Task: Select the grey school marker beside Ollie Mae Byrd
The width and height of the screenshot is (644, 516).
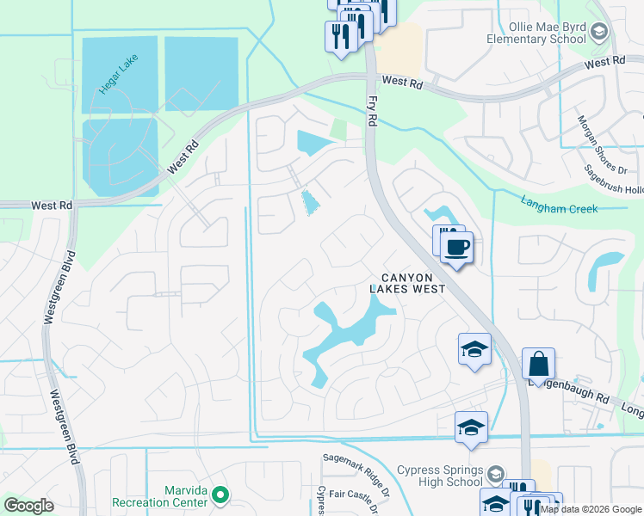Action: click(x=599, y=33)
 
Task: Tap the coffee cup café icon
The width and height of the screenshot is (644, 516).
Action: click(x=456, y=248)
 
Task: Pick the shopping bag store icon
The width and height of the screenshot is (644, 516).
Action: click(x=538, y=364)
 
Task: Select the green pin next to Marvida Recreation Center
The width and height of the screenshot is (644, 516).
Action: click(x=220, y=494)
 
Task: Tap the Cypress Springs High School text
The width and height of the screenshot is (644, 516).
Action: click(x=439, y=476)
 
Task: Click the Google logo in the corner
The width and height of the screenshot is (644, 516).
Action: click(x=29, y=506)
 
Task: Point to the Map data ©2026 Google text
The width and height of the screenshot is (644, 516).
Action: click(x=591, y=509)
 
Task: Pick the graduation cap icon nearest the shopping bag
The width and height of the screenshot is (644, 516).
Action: click(x=474, y=350)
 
